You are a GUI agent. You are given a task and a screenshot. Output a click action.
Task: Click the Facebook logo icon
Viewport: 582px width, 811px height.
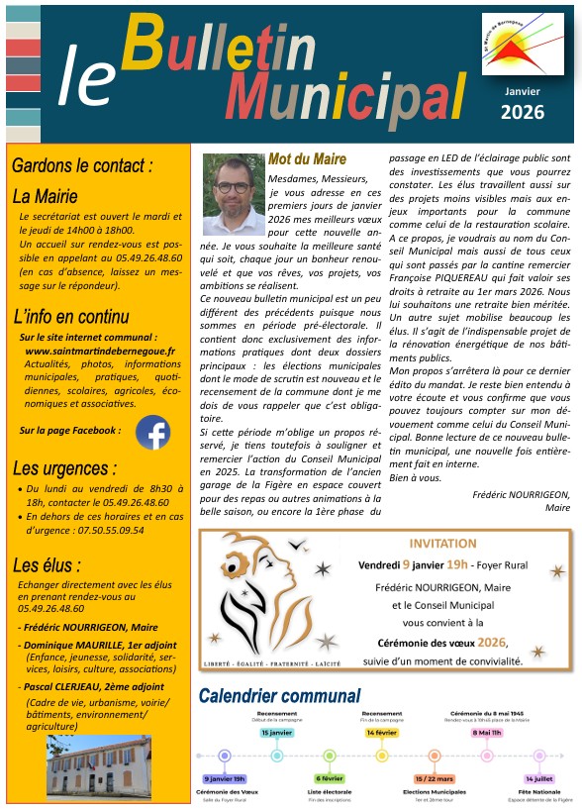(152, 433)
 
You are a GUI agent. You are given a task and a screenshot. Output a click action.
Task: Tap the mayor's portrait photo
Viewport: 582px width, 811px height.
(234, 193)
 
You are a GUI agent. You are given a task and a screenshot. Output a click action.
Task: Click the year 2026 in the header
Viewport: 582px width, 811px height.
(522, 112)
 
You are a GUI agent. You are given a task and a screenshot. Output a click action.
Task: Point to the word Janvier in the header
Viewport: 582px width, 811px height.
(522, 90)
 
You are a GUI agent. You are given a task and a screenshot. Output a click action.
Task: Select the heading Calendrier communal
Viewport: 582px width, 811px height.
(280, 696)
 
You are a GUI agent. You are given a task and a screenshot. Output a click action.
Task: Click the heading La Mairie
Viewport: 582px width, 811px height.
(45, 196)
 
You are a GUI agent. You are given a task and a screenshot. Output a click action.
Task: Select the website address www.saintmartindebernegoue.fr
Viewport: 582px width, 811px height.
(99, 351)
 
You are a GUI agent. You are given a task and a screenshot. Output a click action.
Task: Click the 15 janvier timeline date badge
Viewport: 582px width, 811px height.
(276, 733)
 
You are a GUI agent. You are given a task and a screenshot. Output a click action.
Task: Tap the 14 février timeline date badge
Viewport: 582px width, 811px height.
(382, 733)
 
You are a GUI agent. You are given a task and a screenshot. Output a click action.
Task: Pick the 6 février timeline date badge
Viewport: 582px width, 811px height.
(330, 779)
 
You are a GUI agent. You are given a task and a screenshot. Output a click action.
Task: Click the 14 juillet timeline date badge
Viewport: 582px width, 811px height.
(540, 779)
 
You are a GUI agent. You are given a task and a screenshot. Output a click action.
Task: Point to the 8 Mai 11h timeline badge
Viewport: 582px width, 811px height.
(487, 733)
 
